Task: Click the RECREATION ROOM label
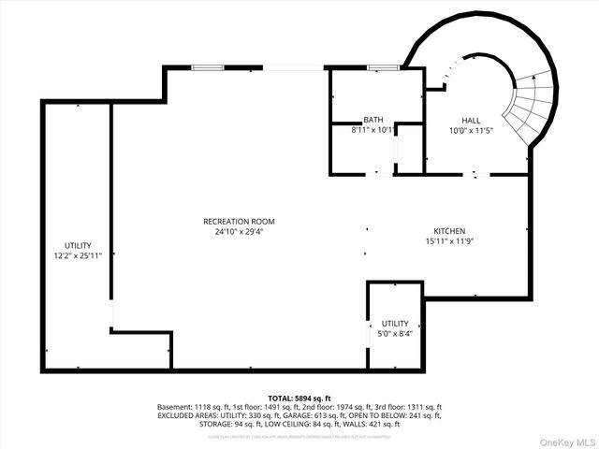[x=239, y=221]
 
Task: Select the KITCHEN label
[x=448, y=231]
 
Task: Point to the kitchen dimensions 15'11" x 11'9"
[x=448, y=241]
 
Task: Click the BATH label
[x=373, y=120]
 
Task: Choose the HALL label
[x=472, y=121]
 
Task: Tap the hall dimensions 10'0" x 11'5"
[x=472, y=131]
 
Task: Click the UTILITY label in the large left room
[x=78, y=245]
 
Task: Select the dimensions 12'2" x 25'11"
[x=78, y=255]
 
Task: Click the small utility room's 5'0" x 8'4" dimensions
[x=395, y=333]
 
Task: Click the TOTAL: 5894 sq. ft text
[x=299, y=398]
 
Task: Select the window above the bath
[x=380, y=67]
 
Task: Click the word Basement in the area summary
[x=175, y=407]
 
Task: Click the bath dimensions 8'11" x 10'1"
[x=373, y=130]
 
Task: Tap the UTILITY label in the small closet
[x=395, y=323]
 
